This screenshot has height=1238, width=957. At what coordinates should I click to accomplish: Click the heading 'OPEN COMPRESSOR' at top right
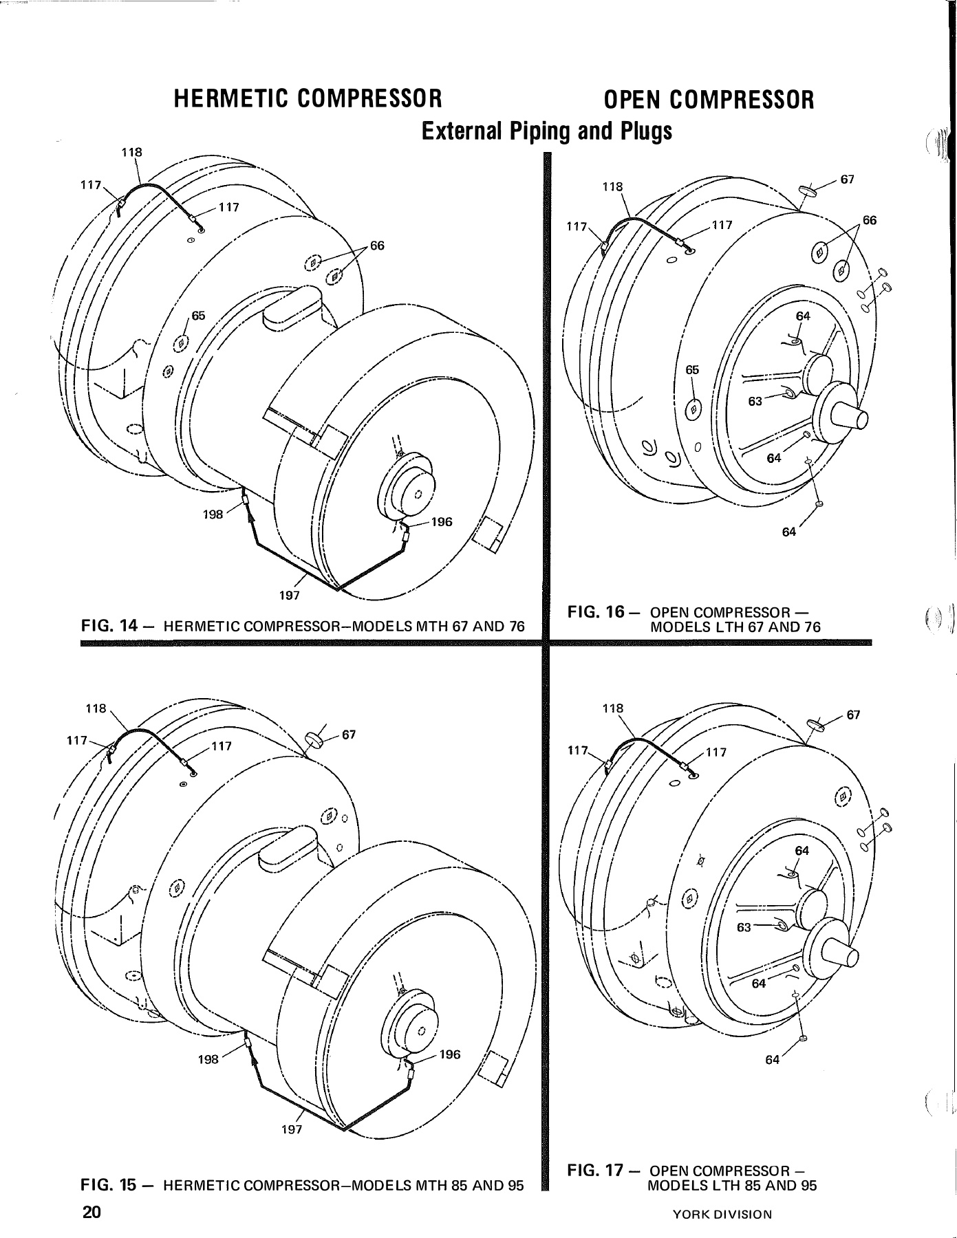[709, 100]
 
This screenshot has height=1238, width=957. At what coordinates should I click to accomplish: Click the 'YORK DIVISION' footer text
[723, 1215]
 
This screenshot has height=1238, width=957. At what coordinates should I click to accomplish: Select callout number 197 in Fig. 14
[289, 595]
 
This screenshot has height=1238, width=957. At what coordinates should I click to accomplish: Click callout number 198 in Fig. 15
[208, 1059]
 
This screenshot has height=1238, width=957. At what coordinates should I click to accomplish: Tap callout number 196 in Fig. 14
[441, 522]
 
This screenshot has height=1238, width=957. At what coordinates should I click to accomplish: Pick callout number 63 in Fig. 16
[755, 402]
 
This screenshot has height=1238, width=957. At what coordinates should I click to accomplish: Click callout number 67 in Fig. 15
[349, 735]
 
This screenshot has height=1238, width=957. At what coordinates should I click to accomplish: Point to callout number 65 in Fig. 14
[198, 316]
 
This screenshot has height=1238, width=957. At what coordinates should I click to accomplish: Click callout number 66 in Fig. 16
[870, 220]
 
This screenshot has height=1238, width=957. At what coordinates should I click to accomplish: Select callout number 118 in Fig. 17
[612, 708]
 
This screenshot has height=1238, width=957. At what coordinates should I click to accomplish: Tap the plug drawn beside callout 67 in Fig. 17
[816, 723]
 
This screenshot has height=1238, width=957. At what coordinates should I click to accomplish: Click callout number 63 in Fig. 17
[744, 927]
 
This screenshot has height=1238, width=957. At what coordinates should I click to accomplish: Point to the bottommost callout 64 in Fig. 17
[773, 1060]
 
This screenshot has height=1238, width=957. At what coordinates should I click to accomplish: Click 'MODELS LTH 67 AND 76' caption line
[734, 627]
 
